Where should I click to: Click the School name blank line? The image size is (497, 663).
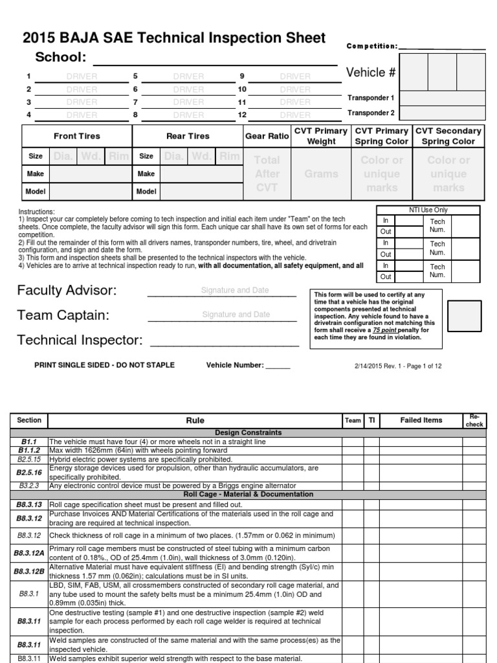coord(215,60)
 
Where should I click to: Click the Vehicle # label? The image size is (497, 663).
coord(371,73)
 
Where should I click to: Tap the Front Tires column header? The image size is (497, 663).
coord(77,137)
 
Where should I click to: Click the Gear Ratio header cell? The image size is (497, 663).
coord(267,137)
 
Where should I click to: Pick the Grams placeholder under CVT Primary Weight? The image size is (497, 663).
coord(321,174)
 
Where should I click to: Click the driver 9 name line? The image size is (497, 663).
coord(294,77)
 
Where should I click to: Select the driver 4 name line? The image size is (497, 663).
coord(82,115)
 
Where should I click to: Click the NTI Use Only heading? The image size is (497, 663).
coord(428,210)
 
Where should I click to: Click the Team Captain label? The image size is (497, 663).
coord(63,315)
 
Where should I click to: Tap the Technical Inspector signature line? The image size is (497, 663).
coord(224,341)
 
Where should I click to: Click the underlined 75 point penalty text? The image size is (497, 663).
coord(402,330)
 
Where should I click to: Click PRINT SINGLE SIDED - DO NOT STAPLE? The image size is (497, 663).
coord(104,365)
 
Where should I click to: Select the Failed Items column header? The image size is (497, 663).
coord(421,420)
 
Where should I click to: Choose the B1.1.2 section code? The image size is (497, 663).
coord(29,450)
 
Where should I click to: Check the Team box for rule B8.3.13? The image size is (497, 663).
coord(353,504)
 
